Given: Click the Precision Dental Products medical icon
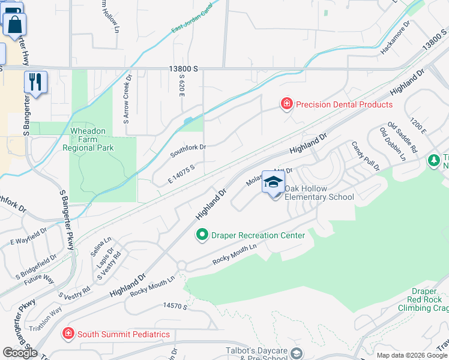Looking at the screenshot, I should [x=287, y=104].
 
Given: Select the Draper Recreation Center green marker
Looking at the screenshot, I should [x=202, y=235].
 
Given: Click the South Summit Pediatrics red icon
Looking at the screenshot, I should [x=68, y=333].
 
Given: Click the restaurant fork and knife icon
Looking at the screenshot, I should [x=35, y=82].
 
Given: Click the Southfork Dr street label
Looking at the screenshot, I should [x=188, y=150].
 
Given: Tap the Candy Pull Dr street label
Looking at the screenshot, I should [x=366, y=155].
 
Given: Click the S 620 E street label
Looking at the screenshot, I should [x=180, y=86].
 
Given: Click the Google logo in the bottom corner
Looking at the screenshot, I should [x=20, y=353].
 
